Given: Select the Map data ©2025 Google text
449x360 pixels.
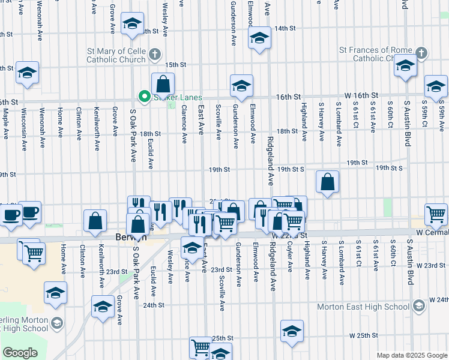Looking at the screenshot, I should click(411, 356).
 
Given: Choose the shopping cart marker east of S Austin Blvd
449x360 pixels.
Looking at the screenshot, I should click(436, 214).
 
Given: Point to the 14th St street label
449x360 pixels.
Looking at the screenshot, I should click(285, 28).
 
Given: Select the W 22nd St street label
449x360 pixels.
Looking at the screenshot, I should click(296, 235).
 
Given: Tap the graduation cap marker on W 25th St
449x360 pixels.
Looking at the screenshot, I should click(292, 331).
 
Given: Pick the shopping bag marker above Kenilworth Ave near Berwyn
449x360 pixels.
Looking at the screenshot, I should click(95, 221).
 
